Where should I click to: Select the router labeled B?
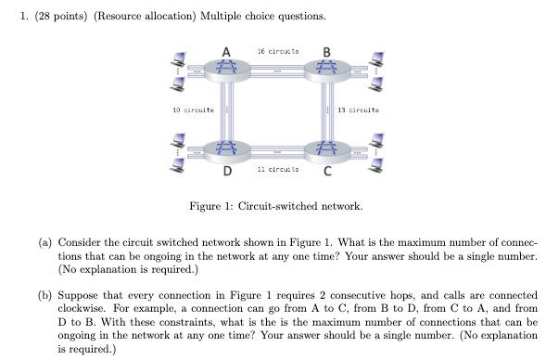[324, 70]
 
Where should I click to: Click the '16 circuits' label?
[275, 52]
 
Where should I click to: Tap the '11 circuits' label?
[275, 170]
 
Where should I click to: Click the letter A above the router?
[226, 51]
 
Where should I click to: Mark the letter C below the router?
[327, 171]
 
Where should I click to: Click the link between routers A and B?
[275, 70]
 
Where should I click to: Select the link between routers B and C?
[324, 109]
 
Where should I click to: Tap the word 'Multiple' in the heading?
[224, 17]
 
